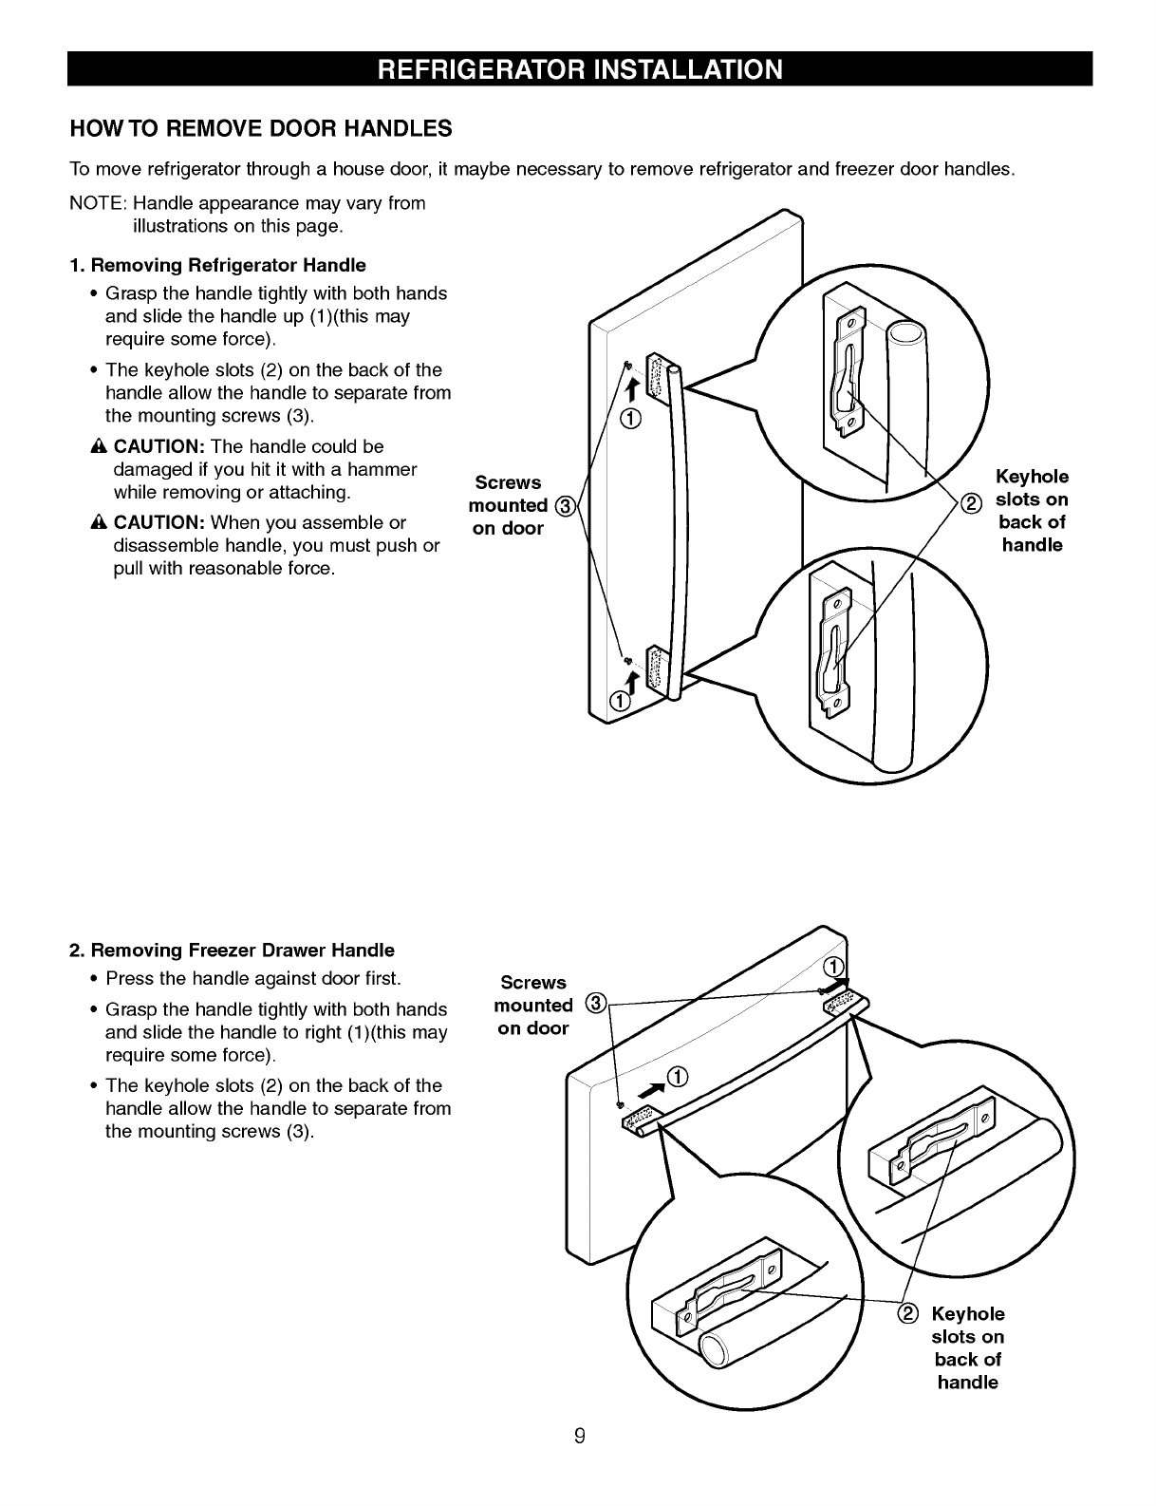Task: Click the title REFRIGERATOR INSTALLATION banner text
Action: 579,70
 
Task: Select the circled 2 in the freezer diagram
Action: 907,1313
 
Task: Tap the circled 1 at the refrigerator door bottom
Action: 618,702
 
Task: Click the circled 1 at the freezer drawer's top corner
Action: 834,968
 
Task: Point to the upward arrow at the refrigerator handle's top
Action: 627,385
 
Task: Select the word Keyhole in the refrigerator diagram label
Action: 1032,477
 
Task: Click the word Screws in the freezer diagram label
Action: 532,983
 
